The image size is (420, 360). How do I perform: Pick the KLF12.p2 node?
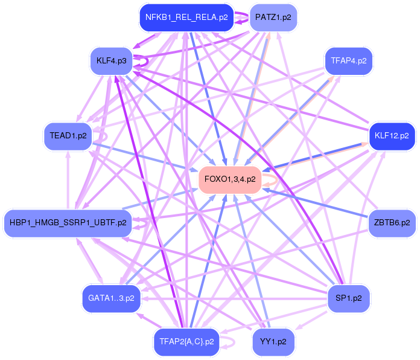pos(392,135)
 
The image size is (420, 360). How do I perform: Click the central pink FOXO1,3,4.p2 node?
pos(230,179)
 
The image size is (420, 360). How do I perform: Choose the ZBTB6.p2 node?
pos(392,222)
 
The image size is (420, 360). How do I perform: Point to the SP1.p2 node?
pos(348,298)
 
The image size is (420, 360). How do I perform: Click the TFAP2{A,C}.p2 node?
pos(186,341)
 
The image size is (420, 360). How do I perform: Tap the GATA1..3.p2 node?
pos(111,298)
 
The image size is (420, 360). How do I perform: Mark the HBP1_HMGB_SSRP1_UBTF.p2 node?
pos(68,222)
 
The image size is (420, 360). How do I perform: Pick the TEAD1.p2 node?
pos(68,135)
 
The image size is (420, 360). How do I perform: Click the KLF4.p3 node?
pos(111,61)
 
